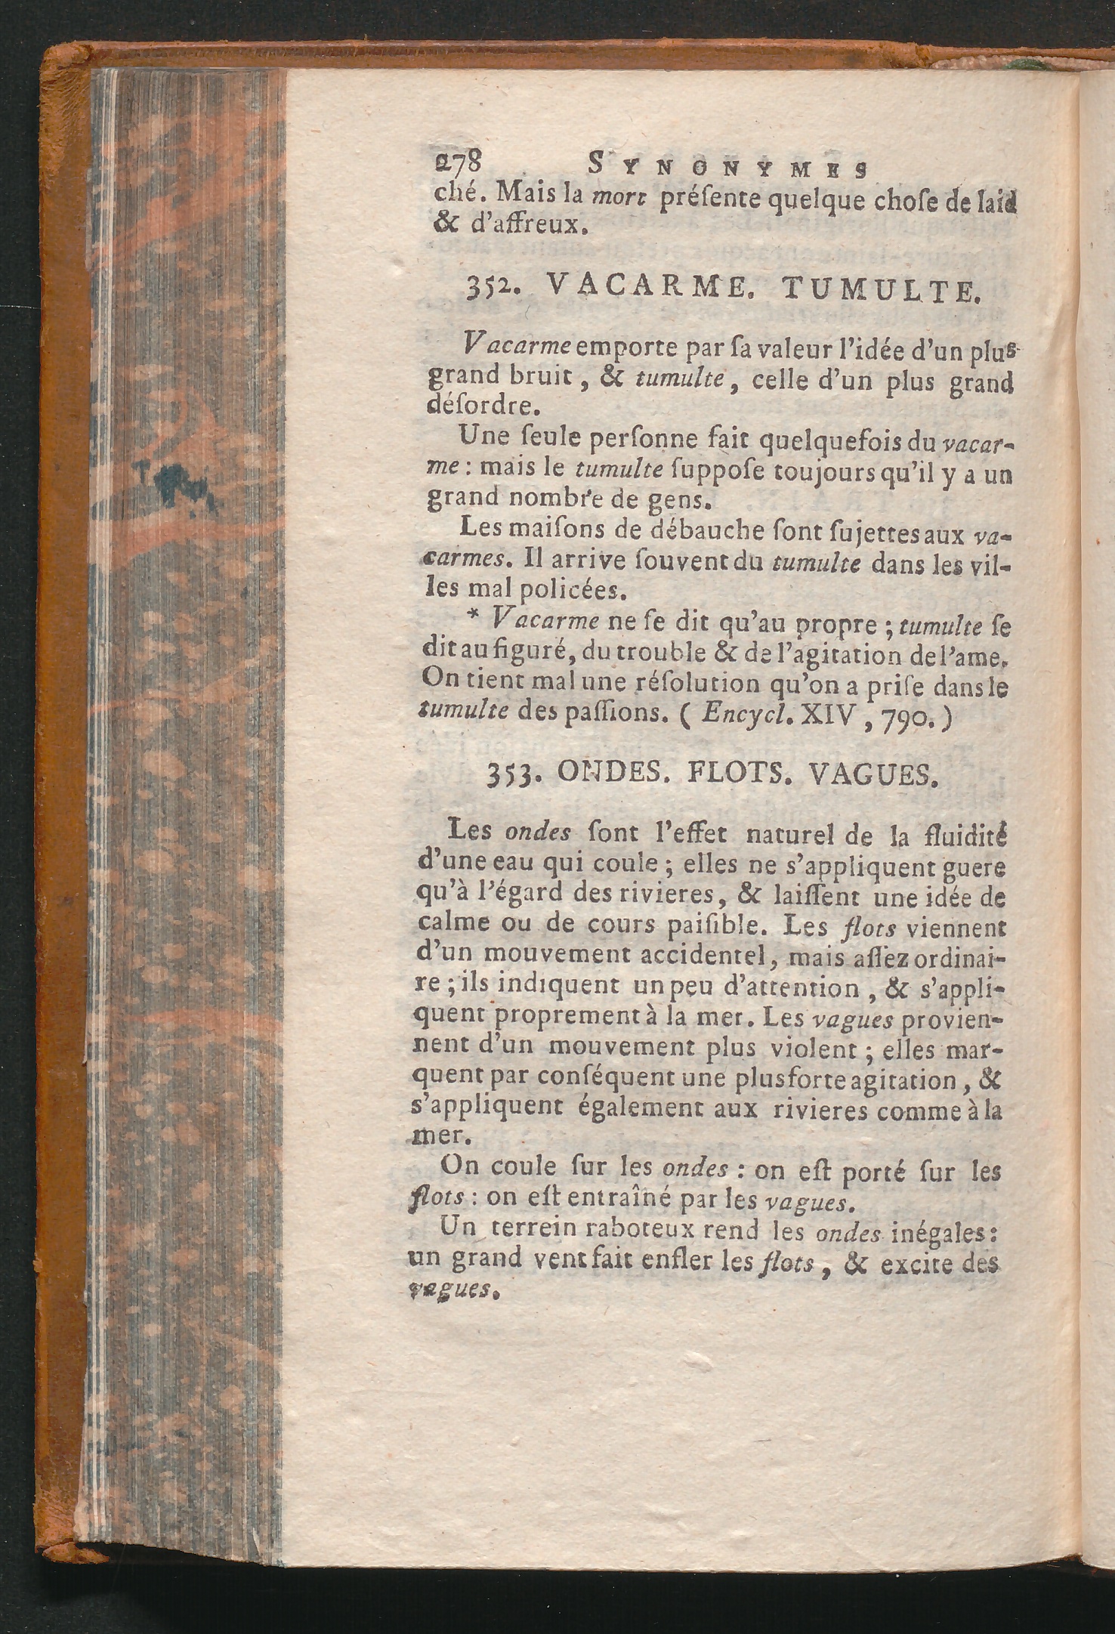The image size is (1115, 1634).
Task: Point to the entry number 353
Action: [x=514, y=776]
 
